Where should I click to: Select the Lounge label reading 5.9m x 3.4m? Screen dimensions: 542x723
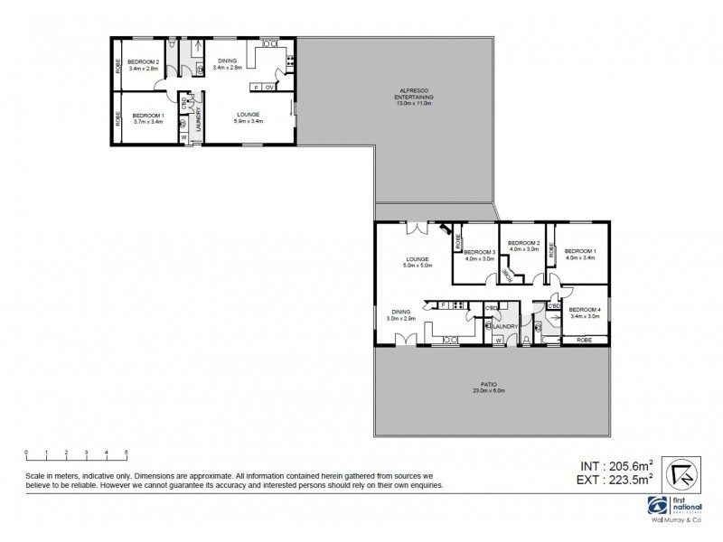[249, 117]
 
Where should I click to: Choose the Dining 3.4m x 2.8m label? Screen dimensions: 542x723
[227, 64]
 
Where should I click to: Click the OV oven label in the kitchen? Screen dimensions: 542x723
[269, 88]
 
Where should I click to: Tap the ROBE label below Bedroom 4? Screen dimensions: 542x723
[584, 340]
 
